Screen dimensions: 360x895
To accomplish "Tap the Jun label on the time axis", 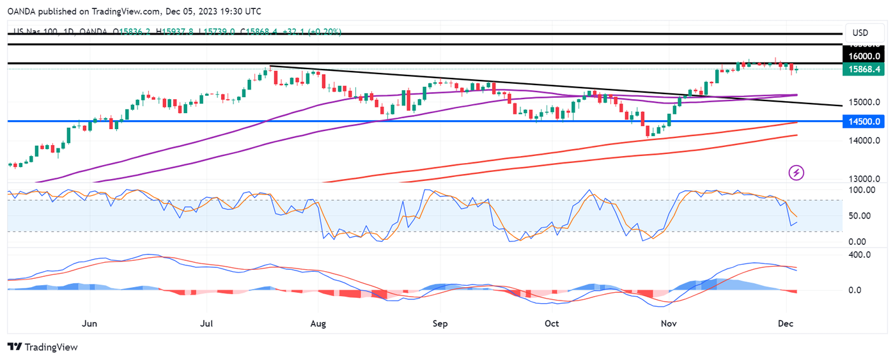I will tap(90, 324).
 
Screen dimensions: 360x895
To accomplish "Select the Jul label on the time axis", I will tap(207, 324).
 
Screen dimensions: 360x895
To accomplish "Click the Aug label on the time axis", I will tap(318, 324).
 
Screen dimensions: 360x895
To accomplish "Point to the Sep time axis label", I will tap(440, 324).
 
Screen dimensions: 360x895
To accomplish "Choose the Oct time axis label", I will tap(552, 324).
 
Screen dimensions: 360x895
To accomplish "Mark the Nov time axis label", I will tap(669, 324).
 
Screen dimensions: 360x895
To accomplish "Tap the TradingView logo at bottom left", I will tap(43, 347).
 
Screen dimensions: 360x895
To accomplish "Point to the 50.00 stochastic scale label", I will tap(864, 215).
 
